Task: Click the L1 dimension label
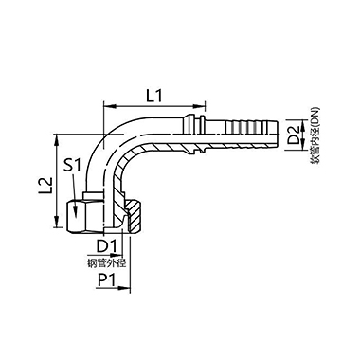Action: tap(154, 96)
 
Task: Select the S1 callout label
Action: tap(73, 165)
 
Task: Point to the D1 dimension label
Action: tap(107, 246)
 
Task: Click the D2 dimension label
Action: tap(295, 135)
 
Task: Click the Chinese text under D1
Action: tap(106, 263)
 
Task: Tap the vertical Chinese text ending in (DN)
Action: tap(315, 136)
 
